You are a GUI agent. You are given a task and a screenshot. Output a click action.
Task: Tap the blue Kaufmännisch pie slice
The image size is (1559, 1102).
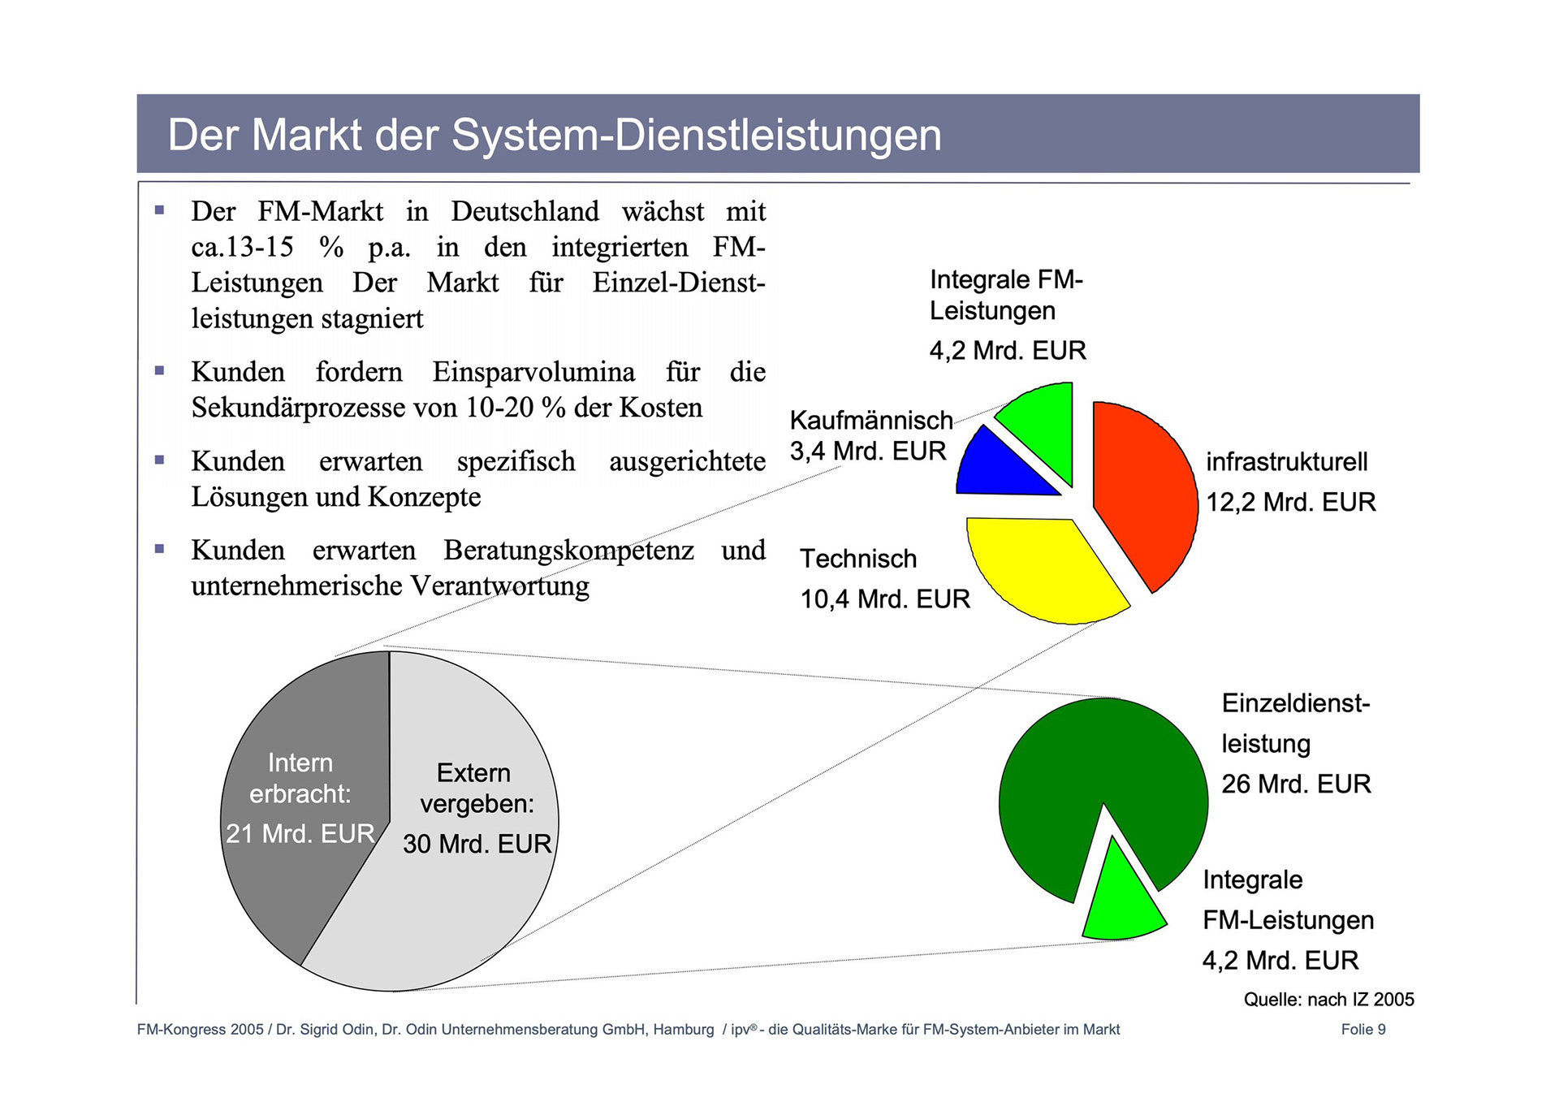(x=999, y=469)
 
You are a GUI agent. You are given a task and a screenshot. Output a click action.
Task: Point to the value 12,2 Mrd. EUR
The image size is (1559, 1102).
(x=1290, y=502)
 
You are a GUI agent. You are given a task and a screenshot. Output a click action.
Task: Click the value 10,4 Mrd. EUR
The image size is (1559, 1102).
(x=885, y=599)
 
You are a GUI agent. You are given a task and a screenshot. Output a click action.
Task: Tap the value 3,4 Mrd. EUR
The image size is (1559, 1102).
(x=868, y=451)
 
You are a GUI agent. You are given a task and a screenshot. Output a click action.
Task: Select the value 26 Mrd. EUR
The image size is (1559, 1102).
(x=1296, y=784)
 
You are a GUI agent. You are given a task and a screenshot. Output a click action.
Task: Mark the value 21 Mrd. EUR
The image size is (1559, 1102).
(x=300, y=833)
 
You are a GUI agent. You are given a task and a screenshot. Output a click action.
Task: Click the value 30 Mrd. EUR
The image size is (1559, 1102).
(x=477, y=844)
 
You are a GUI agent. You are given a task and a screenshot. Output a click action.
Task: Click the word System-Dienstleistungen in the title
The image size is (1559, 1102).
(x=696, y=135)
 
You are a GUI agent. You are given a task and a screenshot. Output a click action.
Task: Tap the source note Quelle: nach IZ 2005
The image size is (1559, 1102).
(x=1328, y=1000)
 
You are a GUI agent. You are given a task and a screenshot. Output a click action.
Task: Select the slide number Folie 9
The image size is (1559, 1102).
(x=1363, y=1030)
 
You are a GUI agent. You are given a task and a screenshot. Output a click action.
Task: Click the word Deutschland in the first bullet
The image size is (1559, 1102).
(x=525, y=211)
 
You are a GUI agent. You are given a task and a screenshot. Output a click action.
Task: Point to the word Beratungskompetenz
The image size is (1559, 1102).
(x=568, y=550)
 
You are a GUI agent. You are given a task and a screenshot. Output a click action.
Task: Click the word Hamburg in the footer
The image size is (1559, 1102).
(x=683, y=1030)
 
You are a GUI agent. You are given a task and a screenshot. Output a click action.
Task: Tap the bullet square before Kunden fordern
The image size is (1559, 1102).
(x=159, y=371)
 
